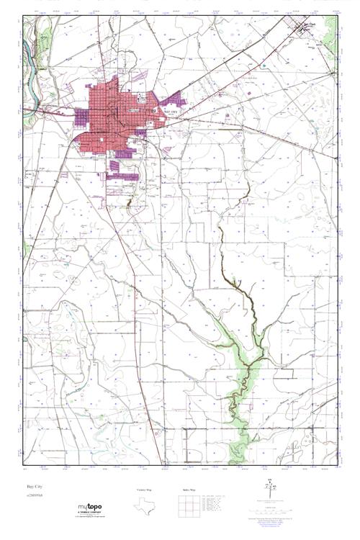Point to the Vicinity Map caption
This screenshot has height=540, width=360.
pyautogui.click(x=145, y=489)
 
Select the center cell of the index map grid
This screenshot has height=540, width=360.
pyautogui.click(x=189, y=507)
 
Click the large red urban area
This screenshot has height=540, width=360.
pyautogui.click(x=112, y=115)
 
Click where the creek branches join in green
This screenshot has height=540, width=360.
pyautogui.click(x=252, y=360)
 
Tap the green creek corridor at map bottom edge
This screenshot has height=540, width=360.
pyautogui.click(x=235, y=454)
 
